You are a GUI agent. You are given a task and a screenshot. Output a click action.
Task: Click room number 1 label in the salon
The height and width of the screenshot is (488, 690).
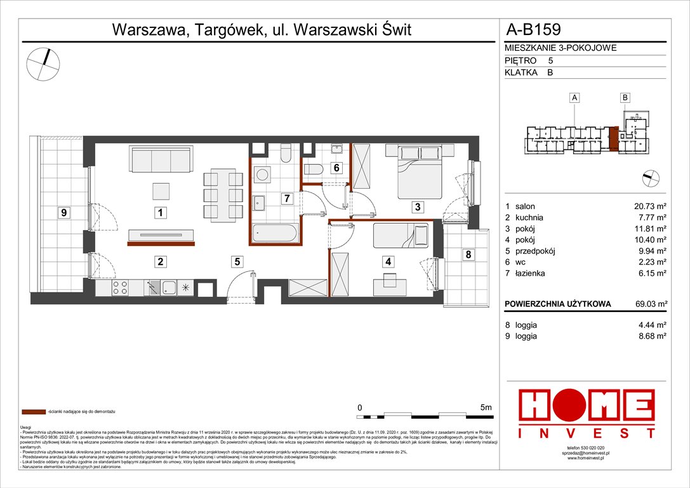point(162,214)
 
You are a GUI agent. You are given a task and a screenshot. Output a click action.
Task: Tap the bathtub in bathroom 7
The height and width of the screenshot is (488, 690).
point(274,233)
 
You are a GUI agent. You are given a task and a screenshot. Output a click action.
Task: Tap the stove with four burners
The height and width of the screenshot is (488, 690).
point(121,288)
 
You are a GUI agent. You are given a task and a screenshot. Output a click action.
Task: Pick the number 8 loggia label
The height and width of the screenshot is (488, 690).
point(468,255)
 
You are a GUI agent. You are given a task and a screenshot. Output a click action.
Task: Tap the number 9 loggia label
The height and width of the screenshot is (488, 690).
point(63,213)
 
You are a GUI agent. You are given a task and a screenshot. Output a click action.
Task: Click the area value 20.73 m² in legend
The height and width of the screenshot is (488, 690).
point(647,207)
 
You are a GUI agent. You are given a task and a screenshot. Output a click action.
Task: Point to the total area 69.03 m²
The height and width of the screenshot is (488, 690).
point(647,304)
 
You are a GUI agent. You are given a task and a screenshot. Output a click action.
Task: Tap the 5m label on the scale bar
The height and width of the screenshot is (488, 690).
point(486,407)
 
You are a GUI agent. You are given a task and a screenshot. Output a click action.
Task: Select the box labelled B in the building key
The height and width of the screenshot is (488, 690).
point(625,98)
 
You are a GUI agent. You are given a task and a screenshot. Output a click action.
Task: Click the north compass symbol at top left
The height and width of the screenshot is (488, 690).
point(44,63)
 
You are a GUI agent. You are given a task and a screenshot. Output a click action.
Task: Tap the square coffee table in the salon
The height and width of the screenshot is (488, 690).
point(162,191)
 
